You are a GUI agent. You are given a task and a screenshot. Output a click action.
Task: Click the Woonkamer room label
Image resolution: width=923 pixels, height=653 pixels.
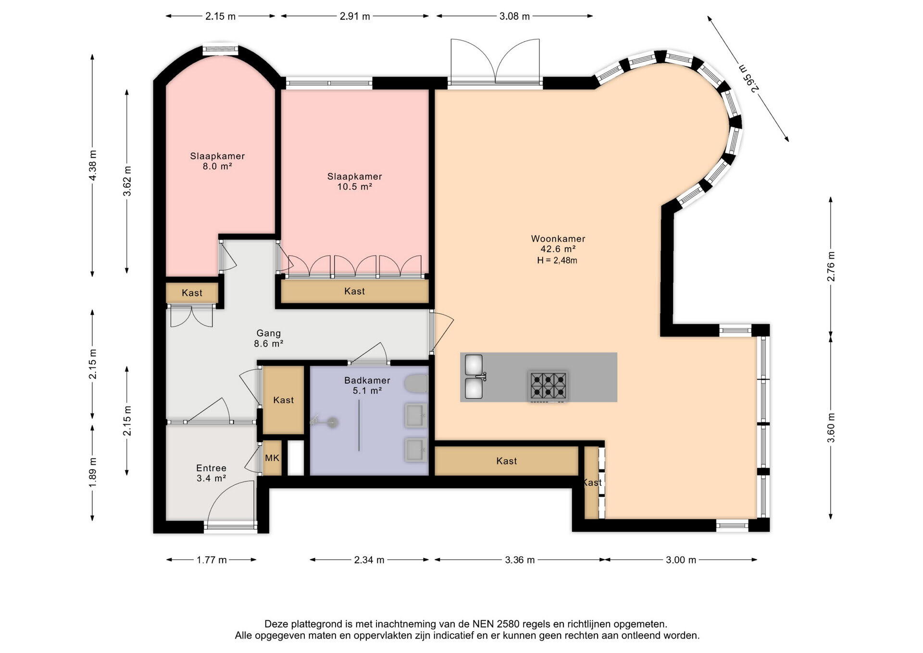558,239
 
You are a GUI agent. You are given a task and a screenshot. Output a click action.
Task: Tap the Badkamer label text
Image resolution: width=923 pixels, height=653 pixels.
367,380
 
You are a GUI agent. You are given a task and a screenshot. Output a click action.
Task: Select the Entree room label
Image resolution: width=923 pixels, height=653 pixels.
211,468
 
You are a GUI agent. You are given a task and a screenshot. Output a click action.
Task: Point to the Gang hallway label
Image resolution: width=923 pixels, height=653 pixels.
268,333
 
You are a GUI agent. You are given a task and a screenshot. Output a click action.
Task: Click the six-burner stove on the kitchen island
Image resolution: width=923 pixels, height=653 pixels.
548,386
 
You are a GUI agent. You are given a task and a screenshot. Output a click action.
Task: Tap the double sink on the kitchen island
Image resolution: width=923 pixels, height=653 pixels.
474,377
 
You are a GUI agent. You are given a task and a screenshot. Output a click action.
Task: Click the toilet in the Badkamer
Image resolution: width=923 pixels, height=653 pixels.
416,385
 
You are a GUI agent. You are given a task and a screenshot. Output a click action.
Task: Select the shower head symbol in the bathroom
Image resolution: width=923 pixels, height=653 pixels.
331,423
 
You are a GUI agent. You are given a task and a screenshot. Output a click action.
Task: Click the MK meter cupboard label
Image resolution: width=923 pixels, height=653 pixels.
272,458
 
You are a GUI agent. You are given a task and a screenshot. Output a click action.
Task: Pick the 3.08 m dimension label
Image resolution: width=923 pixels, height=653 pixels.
514,16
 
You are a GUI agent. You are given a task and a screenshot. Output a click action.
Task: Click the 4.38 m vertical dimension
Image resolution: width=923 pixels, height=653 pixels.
92,165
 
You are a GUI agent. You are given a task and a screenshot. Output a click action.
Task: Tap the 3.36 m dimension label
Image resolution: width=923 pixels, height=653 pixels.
520,560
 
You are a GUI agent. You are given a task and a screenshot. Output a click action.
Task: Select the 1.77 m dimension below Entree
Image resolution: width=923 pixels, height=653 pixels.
212,560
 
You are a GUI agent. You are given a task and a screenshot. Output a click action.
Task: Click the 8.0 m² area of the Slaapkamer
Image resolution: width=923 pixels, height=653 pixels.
217,166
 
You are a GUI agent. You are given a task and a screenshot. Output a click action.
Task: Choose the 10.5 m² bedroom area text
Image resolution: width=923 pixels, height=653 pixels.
355,187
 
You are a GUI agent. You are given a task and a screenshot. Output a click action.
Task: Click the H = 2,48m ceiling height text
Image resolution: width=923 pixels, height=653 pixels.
557,260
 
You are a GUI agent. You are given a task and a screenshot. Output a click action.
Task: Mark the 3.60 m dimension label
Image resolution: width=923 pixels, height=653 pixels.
831,428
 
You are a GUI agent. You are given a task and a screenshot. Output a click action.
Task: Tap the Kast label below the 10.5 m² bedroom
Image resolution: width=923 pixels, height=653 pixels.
355,291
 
